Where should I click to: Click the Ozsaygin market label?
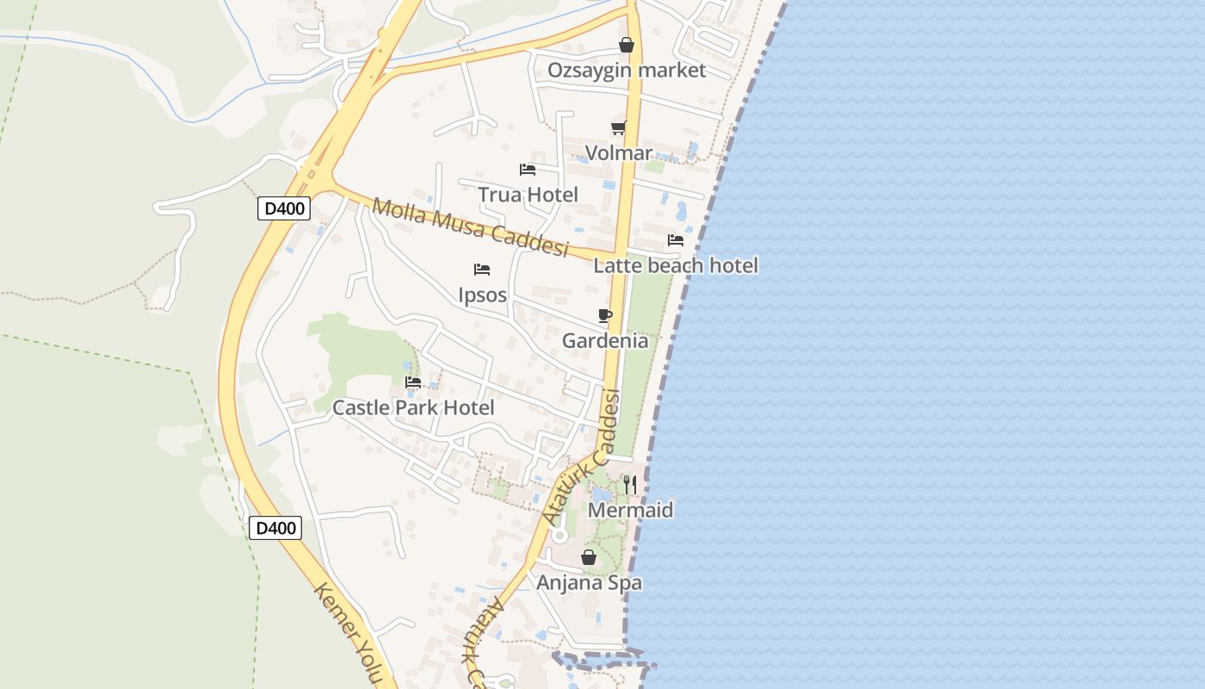pyautogui.click(x=627, y=70)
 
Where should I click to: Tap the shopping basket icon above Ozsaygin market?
pyautogui.click(x=627, y=45)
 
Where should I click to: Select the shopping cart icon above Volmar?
pyautogui.click(x=618, y=128)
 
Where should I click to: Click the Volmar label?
pyautogui.click(x=618, y=153)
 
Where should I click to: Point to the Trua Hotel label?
pyautogui.click(x=528, y=195)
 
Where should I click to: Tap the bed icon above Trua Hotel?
pyautogui.click(x=528, y=170)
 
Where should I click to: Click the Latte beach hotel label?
pyautogui.click(x=676, y=265)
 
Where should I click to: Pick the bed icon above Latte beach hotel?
pyautogui.click(x=676, y=240)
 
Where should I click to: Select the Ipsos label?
pyautogui.click(x=482, y=295)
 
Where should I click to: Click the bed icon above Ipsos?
pyautogui.click(x=482, y=270)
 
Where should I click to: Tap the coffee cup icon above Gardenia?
pyautogui.click(x=605, y=315)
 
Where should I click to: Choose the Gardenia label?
pyautogui.click(x=605, y=340)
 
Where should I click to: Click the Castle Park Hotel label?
pyautogui.click(x=413, y=407)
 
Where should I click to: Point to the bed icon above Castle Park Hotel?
pyautogui.click(x=413, y=382)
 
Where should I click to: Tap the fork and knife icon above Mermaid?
pyautogui.click(x=630, y=485)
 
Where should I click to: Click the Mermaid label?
pyautogui.click(x=630, y=510)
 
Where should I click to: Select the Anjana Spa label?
pyautogui.click(x=589, y=583)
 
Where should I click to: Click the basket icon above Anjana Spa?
pyautogui.click(x=589, y=558)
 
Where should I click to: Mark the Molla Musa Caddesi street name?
pyautogui.click(x=471, y=227)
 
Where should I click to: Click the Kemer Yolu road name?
pyautogui.click(x=347, y=633)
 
